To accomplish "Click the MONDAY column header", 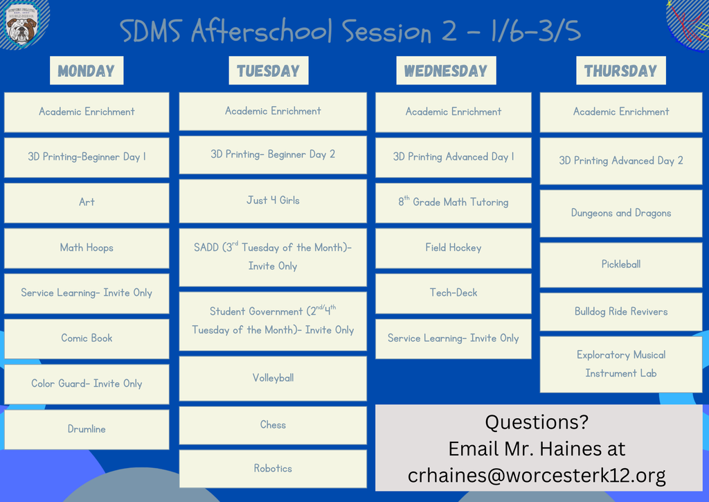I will pos(86,71).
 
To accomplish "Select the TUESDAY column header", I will pos(268,71).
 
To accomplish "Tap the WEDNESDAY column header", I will pos(445,71).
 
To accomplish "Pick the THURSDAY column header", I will pos(620,71).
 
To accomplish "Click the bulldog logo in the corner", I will pos(21,26).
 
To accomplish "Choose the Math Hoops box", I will pos(87,248).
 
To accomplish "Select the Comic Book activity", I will pos(87,338).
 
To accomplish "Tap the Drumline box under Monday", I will pos(87,429).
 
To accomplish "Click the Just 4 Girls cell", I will pos(273,200).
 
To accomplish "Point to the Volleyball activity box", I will pos(273,378).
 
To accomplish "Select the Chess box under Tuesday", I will pos(273,424).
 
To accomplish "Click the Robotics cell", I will pos(273,469).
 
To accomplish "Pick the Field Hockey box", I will pos(453,248).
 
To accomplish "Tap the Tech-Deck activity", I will pos(453,293).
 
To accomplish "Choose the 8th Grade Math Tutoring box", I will pos(453,202).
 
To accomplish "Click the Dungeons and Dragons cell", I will pos(620,213).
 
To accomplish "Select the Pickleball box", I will pos(620,264).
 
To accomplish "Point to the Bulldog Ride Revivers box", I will pos(620,311).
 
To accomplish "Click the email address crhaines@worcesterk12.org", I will pos(537,476).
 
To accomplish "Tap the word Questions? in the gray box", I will pos(537,422).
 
